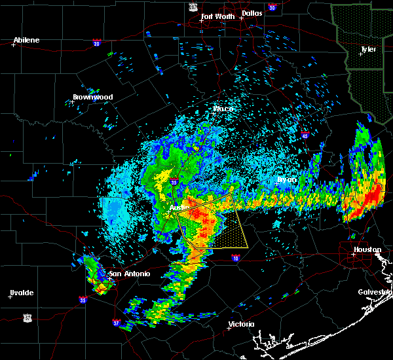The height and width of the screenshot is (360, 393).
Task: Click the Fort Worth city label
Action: (217, 16)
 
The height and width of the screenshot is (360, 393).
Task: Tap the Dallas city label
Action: (252, 13)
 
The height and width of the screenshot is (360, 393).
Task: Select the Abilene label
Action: (26, 40)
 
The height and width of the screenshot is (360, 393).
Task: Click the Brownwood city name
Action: (93, 97)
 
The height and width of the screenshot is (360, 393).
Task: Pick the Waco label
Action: (223, 109)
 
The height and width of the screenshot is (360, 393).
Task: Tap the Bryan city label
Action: (286, 179)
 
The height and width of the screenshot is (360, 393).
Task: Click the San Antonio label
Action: (129, 274)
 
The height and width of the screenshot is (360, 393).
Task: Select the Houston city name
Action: (367, 249)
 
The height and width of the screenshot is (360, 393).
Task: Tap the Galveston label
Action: (375, 292)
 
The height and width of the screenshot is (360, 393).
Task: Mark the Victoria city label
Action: (241, 324)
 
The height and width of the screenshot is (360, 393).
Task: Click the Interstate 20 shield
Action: (96, 44)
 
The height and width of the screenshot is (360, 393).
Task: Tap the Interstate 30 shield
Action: (272, 7)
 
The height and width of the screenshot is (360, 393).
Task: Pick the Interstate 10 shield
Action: (236, 257)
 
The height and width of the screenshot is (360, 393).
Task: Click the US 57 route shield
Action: (27, 317)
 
